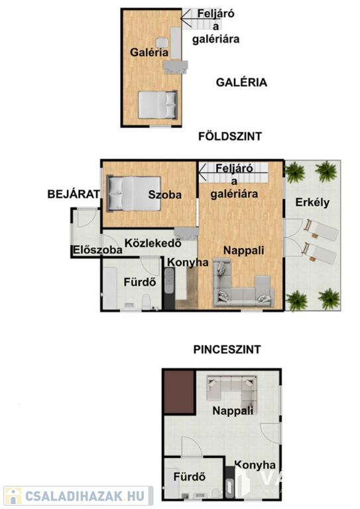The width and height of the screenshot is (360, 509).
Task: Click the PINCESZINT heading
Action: pos(227,349)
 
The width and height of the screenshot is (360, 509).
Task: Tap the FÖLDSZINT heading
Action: pos(230,137)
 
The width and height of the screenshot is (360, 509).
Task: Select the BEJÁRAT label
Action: pos(74,194)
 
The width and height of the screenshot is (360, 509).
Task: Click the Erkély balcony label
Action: pos(312,202)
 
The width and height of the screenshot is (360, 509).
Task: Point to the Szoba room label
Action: pos(165,195)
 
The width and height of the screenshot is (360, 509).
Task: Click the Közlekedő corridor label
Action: pos(153,243)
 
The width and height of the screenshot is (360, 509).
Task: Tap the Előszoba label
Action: pos(97,250)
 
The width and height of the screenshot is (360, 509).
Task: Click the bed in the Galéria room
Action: pos(158,105)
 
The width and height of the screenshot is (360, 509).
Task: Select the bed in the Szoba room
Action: pos(134,194)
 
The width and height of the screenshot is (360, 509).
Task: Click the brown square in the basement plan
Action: pos(180,392)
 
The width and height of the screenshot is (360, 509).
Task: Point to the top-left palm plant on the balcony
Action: pos(295,172)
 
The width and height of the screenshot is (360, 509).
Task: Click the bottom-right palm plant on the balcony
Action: pos(329,299)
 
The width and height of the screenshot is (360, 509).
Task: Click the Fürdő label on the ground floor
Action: pos(140,282)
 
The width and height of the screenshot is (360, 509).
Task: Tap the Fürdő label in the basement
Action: pos(190,477)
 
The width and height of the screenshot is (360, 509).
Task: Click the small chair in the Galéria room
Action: pos(162,42)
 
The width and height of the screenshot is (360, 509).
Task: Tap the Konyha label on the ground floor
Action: pos(188,262)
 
